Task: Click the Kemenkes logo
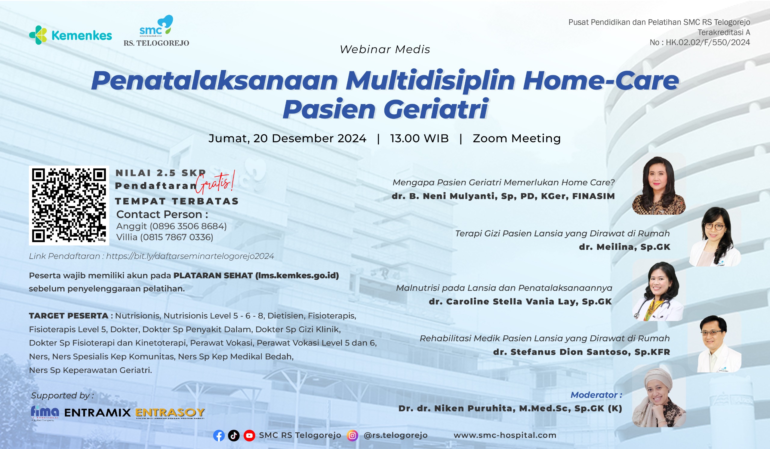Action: (70, 35)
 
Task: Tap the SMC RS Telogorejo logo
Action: (156, 31)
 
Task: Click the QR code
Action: (69, 205)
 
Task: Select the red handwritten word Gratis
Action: (215, 182)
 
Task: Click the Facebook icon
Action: (219, 435)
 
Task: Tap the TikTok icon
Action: (234, 435)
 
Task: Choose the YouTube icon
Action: (249, 435)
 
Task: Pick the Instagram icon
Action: (352, 435)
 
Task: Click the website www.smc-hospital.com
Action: (505, 435)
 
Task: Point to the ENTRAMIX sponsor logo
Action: (97, 413)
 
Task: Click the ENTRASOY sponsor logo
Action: (170, 413)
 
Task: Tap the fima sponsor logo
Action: (45, 413)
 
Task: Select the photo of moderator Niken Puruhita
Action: (659, 397)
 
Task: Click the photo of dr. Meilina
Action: (715, 237)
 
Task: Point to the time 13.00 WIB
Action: (419, 138)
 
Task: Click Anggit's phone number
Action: (188, 226)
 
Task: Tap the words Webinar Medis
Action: (385, 49)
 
